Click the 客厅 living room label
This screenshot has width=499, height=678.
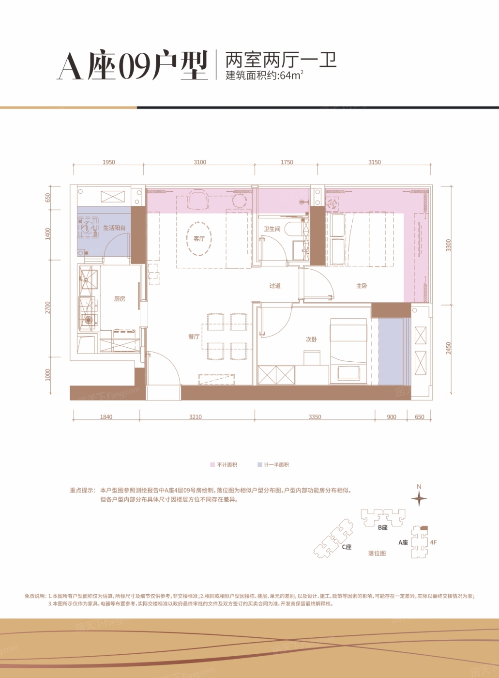[x=199, y=239]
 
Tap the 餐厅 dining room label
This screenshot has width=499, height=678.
[x=194, y=337]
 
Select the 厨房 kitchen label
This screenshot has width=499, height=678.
[x=120, y=299]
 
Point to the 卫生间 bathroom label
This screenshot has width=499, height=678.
[x=272, y=229]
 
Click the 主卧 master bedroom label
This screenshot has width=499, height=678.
[x=362, y=286]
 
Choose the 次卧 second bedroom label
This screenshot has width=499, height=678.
[x=311, y=339]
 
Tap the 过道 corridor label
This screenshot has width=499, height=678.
[x=275, y=286]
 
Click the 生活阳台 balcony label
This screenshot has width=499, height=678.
[x=114, y=228]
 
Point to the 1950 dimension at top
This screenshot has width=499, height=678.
[x=108, y=162]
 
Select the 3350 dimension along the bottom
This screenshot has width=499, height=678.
[x=315, y=417]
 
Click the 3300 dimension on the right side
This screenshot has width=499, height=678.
[x=448, y=245]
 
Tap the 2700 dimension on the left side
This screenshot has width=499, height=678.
[x=47, y=308]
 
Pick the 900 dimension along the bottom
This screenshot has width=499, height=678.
[x=392, y=417]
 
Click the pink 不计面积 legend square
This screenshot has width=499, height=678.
[x=212, y=464]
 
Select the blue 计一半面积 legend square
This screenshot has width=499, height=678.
[x=259, y=464]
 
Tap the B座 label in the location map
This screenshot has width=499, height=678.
[x=382, y=527]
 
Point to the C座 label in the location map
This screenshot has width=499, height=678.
[x=347, y=547]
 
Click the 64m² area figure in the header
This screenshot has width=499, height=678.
[x=292, y=76]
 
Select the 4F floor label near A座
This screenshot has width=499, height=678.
[x=433, y=542]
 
